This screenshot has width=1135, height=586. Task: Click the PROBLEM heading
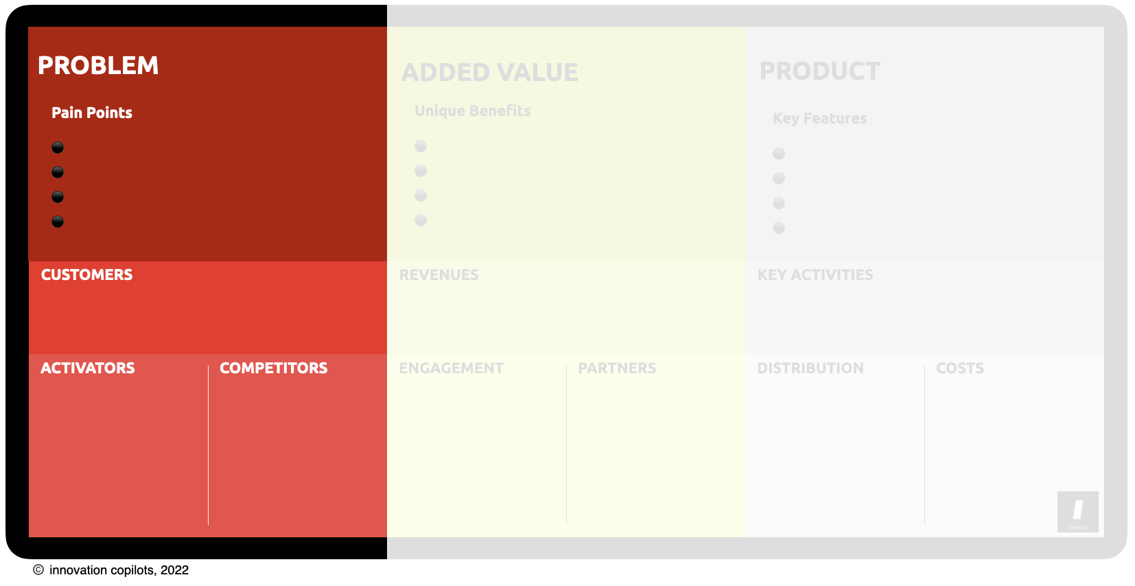[98, 66]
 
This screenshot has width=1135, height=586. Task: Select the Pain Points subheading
[92, 113]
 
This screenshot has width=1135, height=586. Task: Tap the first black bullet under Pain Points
[58, 148]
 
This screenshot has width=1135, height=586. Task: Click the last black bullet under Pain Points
[58, 222]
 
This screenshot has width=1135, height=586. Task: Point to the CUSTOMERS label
[86, 274]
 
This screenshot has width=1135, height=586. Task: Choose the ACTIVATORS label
[88, 368]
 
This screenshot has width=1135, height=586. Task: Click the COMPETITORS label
[274, 368]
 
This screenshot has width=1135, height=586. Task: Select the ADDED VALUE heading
[490, 72]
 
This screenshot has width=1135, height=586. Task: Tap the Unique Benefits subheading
[473, 110]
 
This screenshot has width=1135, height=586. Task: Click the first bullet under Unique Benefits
[421, 146]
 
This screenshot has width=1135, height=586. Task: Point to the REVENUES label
[439, 274]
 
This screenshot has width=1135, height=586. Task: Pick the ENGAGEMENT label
[452, 368]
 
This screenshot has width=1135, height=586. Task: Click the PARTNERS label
[617, 368]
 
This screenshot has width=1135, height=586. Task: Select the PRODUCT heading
[820, 71]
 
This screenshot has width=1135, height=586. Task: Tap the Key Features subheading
[820, 118]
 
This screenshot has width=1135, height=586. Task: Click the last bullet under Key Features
[779, 228]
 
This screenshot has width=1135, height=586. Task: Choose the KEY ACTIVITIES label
[815, 274]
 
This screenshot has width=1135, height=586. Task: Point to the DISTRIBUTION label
[810, 368]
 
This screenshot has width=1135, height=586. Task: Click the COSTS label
[960, 368]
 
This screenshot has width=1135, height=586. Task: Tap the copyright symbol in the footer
[38, 570]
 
